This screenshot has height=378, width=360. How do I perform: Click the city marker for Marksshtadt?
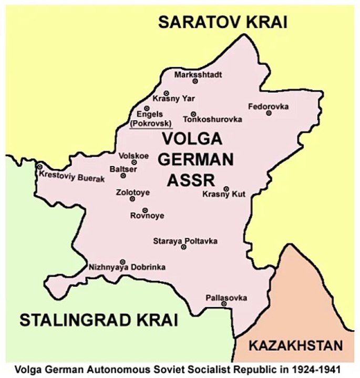(195, 81)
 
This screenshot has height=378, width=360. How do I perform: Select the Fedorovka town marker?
(269, 112)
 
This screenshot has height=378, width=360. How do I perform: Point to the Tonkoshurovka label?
(212, 120)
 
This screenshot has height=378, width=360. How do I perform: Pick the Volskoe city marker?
(134, 162)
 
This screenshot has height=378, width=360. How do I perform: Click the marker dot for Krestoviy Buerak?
(40, 167)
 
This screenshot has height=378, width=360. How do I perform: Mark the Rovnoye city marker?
(145, 210)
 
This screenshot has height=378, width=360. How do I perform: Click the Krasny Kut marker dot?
(226, 188)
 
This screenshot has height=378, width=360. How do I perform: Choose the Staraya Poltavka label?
(185, 241)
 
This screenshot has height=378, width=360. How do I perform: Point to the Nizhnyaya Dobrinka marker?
(122, 261)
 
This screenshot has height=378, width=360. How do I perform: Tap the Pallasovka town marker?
(224, 303)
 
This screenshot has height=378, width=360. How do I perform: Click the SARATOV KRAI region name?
(223, 22)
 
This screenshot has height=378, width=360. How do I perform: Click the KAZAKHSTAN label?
(296, 346)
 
